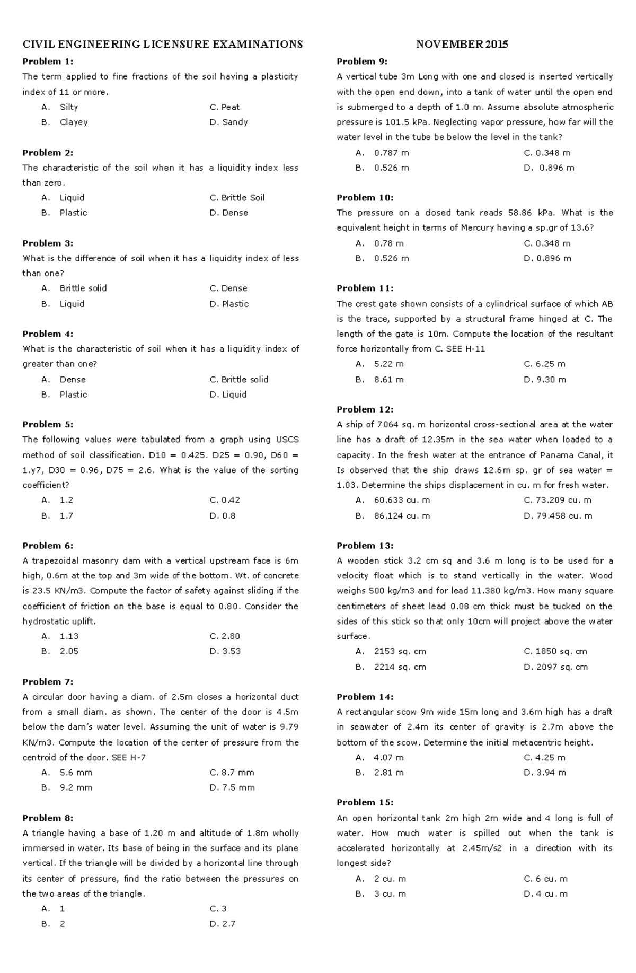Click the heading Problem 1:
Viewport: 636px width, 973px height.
point(48,62)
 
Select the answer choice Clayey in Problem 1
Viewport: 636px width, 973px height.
point(73,122)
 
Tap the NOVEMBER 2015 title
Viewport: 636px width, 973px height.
point(462,45)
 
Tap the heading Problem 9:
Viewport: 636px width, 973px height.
point(362,62)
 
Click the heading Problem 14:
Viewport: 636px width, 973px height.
point(365,697)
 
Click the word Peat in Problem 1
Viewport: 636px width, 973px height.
point(231,107)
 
